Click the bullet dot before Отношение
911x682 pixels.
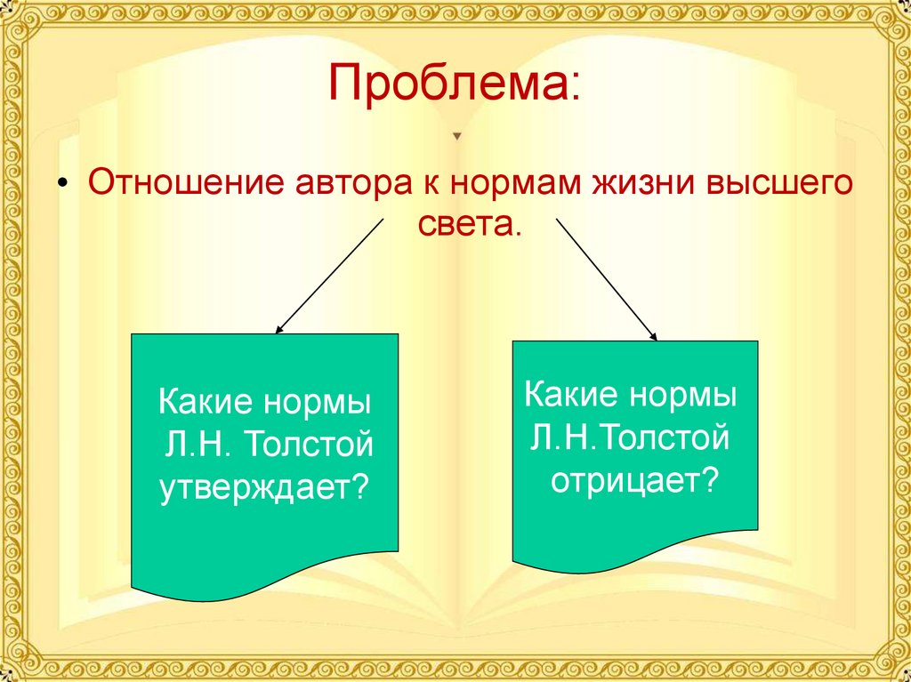click(62, 188)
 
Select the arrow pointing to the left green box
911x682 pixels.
click(329, 274)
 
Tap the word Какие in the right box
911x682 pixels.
click(570, 394)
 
